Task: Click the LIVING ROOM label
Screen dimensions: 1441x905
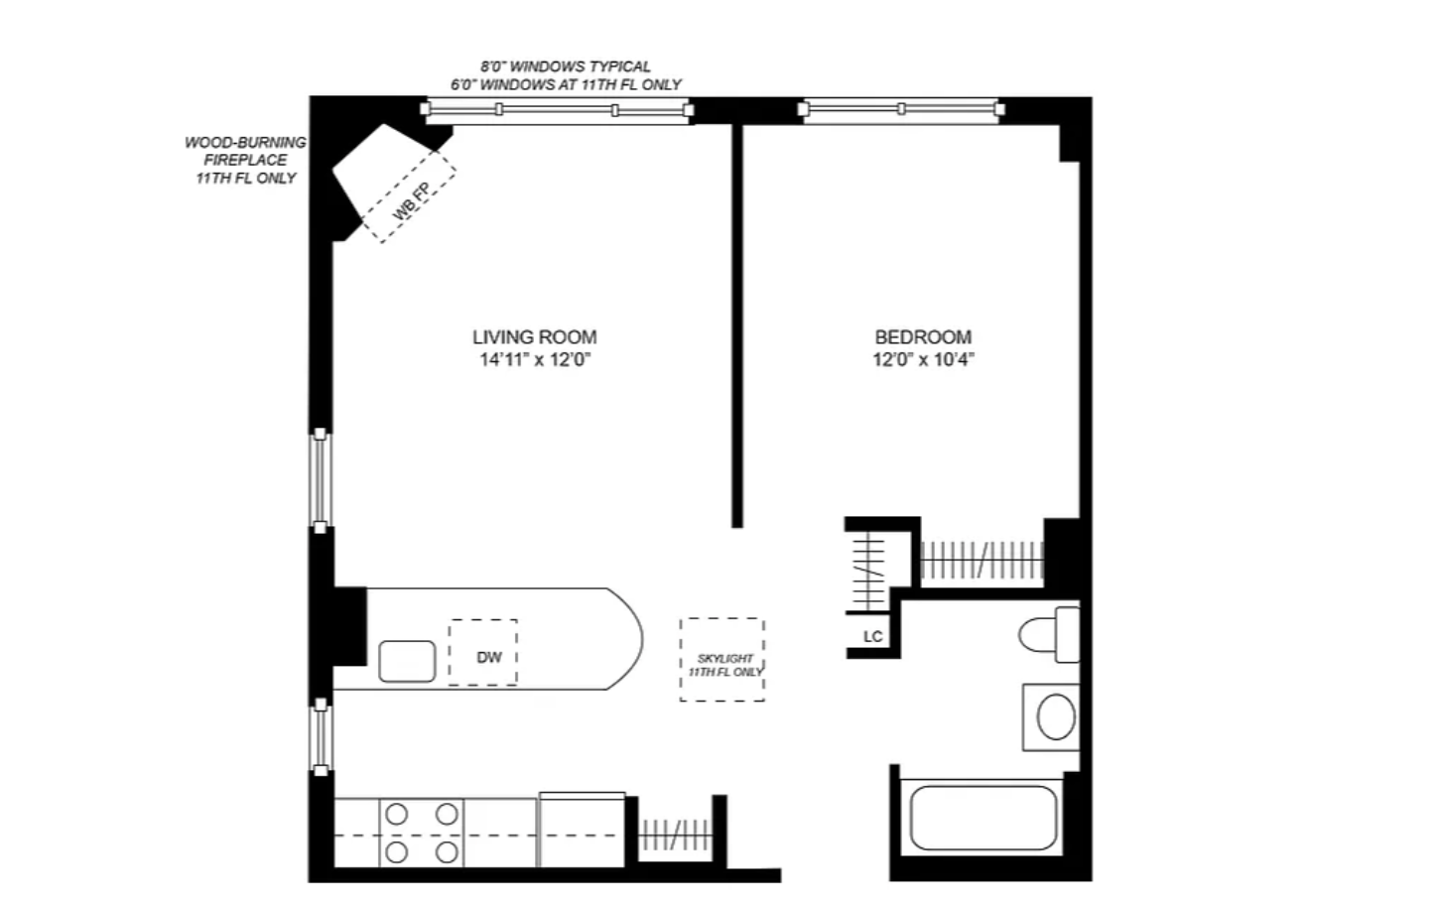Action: click(x=535, y=337)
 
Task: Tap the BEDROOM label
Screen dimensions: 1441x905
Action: click(x=923, y=337)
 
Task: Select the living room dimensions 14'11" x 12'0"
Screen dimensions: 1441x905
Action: click(x=535, y=359)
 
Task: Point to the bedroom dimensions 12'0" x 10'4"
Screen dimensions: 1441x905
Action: click(x=923, y=359)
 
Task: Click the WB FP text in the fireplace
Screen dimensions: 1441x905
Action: click(x=411, y=202)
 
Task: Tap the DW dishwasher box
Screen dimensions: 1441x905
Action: click(x=483, y=652)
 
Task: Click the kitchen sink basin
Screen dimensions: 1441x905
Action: click(x=407, y=661)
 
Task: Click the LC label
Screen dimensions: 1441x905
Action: click(x=873, y=637)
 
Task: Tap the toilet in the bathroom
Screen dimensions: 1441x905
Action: click(x=1049, y=635)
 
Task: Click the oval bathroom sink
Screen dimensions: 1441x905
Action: click(x=1056, y=716)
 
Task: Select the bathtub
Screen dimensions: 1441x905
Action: click(x=982, y=818)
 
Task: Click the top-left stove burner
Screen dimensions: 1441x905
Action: click(x=397, y=815)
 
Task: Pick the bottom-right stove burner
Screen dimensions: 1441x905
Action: click(x=447, y=852)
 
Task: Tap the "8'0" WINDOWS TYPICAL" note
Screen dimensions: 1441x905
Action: click(x=566, y=66)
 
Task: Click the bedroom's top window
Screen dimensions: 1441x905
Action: click(x=901, y=109)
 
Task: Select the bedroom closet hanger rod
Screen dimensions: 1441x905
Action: click(x=982, y=561)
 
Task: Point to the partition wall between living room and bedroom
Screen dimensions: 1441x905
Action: click(x=737, y=325)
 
